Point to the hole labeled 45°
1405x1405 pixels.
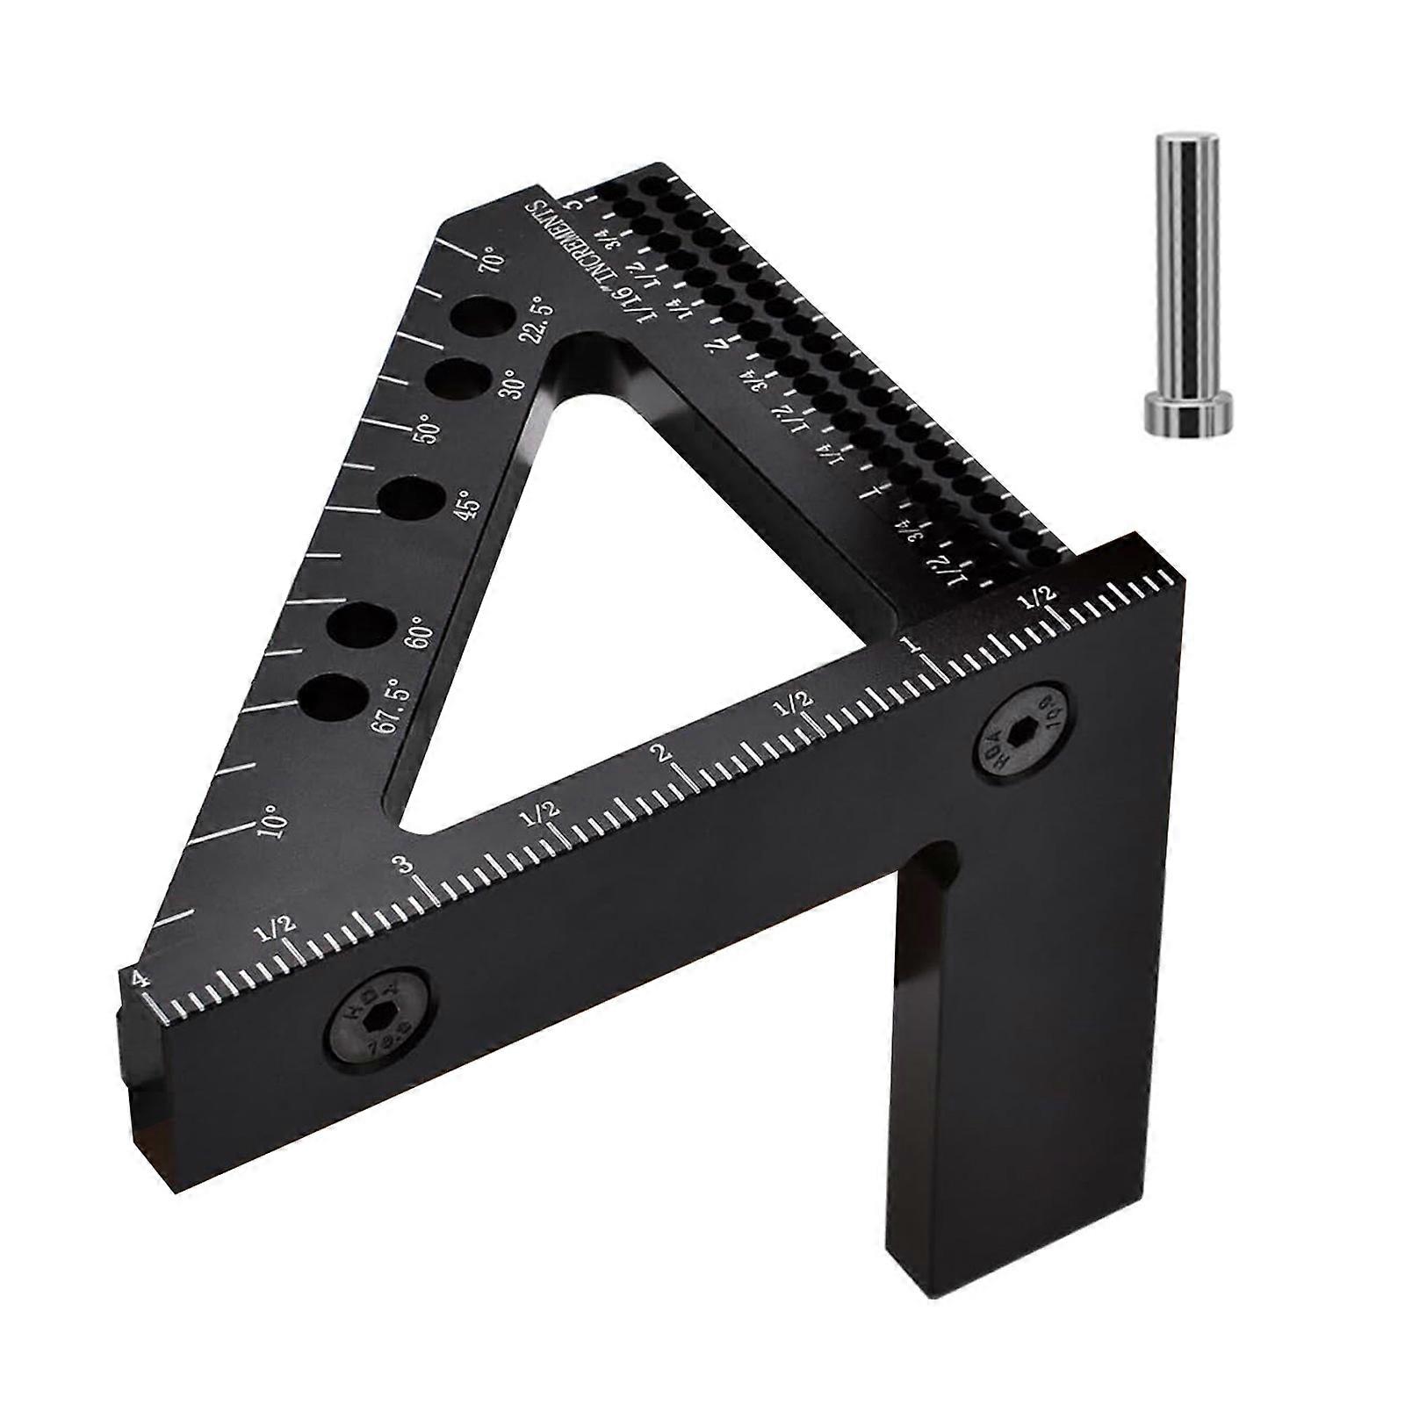[411, 501]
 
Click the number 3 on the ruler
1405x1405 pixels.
[404, 866]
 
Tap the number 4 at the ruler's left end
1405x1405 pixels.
[137, 980]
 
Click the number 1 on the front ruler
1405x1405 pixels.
[915, 645]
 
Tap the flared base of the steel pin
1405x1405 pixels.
[1190, 414]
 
